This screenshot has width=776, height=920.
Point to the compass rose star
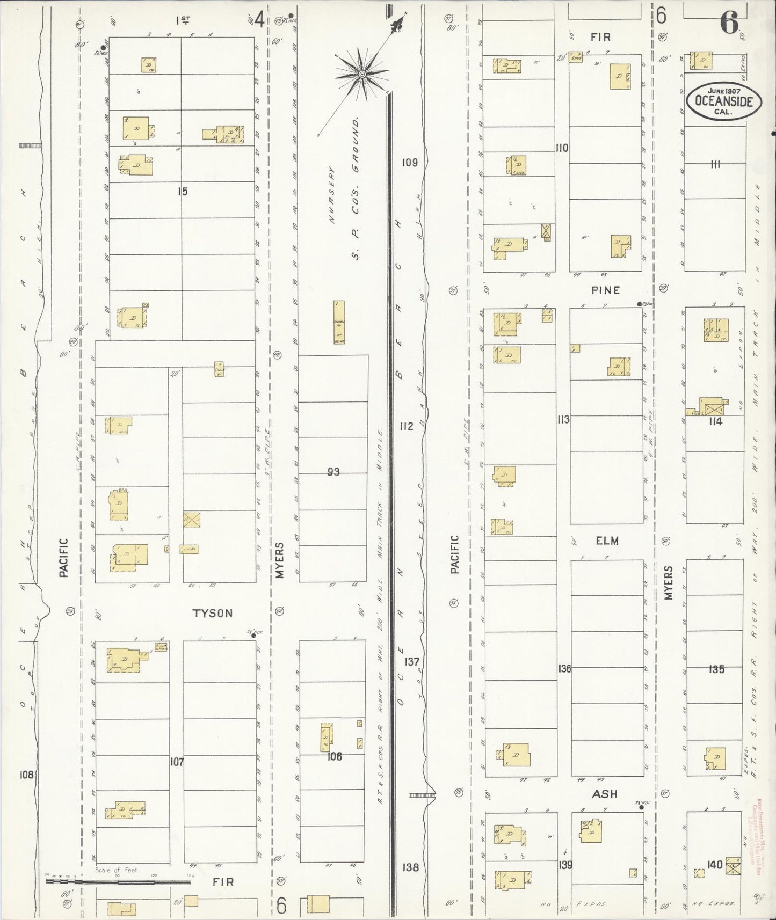pyautogui.click(x=362, y=74)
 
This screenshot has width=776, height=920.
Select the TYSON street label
pyautogui.click(x=213, y=613)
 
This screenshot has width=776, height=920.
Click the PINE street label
pyautogui.click(x=606, y=290)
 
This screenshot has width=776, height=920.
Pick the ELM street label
pyautogui.click(x=607, y=541)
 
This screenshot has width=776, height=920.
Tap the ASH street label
pyautogui.click(x=605, y=794)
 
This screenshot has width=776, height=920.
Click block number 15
pyautogui.click(x=183, y=191)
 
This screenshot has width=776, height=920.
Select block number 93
pyautogui.click(x=333, y=472)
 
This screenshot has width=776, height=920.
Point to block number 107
pyautogui.click(x=177, y=761)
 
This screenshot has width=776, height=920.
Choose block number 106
pyautogui.click(x=334, y=756)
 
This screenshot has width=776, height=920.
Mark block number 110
pyautogui.click(x=562, y=148)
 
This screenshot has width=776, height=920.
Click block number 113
pyautogui.click(x=563, y=419)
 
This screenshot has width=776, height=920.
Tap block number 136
pyautogui.click(x=564, y=669)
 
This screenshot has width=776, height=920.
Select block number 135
pyautogui.click(x=716, y=669)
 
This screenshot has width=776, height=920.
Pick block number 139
pyautogui.click(x=565, y=865)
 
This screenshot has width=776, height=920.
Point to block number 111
pyautogui.click(x=715, y=164)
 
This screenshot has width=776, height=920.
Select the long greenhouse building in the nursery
pyautogui.click(x=339, y=322)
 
